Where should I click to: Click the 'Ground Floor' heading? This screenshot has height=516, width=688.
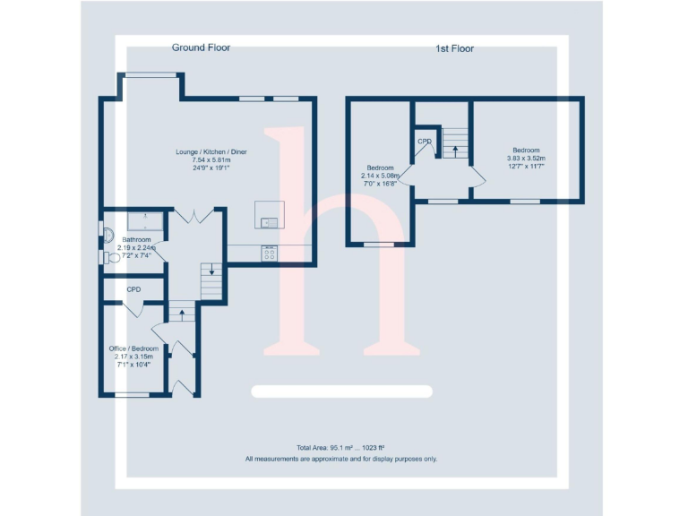(201, 47)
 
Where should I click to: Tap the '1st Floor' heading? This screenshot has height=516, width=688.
(449, 48)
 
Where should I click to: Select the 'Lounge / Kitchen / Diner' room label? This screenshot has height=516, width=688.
(211, 152)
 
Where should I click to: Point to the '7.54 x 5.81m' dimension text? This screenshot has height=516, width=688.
(211, 160)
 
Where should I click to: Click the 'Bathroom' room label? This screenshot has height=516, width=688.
(137, 239)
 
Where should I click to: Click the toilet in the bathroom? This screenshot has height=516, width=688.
(113, 258)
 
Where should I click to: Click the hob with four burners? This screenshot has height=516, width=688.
(269, 254)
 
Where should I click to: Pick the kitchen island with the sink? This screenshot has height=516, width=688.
(269, 214)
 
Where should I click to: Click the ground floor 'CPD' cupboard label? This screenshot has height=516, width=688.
(133, 289)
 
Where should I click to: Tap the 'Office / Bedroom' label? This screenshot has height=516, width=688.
(133, 348)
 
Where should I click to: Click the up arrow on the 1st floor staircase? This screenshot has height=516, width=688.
(455, 147)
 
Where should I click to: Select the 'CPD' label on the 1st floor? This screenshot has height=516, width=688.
(425, 142)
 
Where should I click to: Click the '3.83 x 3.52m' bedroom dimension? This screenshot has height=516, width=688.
(526, 159)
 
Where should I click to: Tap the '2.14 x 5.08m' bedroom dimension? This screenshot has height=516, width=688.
(380, 176)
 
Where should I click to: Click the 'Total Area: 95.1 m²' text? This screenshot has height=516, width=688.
(340, 448)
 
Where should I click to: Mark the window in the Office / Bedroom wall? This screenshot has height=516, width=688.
(133, 394)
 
